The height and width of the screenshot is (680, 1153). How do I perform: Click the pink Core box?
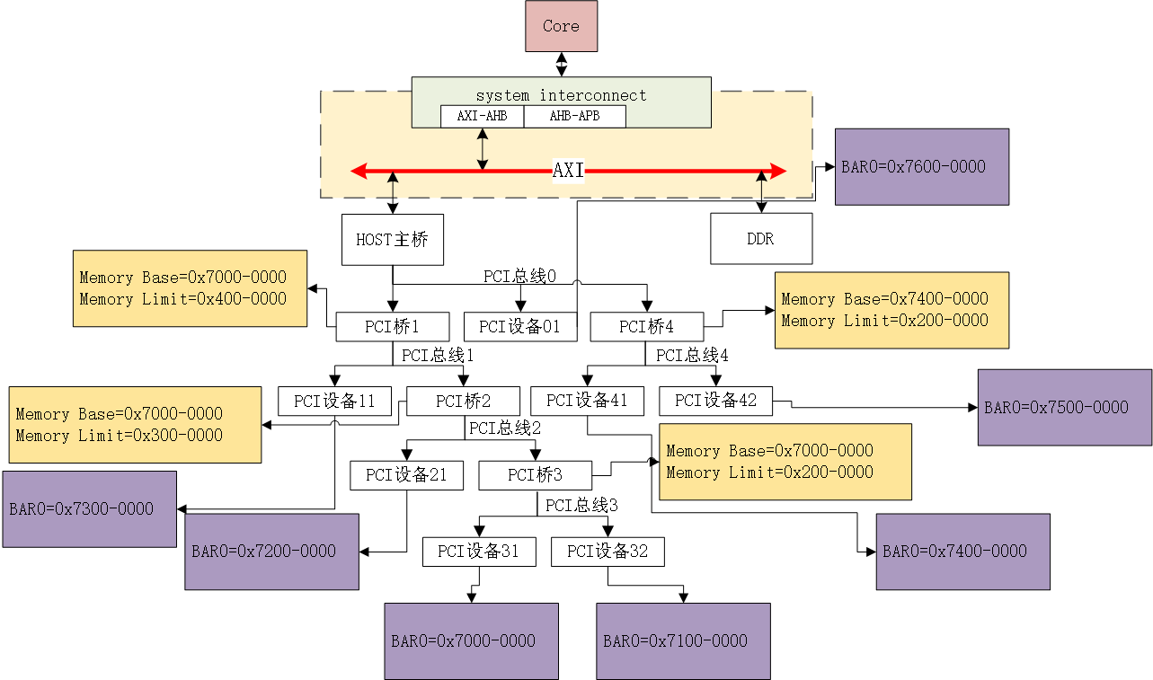pyautogui.click(x=561, y=26)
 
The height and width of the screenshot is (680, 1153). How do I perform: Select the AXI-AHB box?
pyautogui.click(x=482, y=116)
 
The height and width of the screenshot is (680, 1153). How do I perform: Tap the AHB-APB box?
pyautogui.click(x=574, y=116)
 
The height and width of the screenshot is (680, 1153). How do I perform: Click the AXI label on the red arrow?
pyautogui.click(x=568, y=171)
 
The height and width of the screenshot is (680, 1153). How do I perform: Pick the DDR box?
pyautogui.click(x=760, y=239)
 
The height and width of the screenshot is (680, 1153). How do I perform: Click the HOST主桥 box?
pyautogui.click(x=393, y=240)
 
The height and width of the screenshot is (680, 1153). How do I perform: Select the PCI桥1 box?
pyautogui.click(x=392, y=327)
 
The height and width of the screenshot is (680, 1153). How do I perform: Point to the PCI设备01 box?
pyautogui.click(x=519, y=327)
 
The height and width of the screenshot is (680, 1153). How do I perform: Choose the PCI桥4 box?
pyautogui.click(x=646, y=327)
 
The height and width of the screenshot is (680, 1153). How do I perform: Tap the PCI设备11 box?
pyautogui.click(x=334, y=401)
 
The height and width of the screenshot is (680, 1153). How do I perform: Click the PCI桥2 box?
pyautogui.click(x=463, y=401)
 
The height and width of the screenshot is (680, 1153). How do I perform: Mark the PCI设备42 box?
pyautogui.click(x=715, y=401)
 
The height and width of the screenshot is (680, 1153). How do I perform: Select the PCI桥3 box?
pyautogui.click(x=535, y=475)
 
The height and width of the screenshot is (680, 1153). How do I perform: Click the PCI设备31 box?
pyautogui.click(x=478, y=552)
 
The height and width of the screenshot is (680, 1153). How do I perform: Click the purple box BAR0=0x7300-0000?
pyautogui.click(x=89, y=508)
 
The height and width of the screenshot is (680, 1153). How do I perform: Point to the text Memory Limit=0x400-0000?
pyautogui.click(x=182, y=299)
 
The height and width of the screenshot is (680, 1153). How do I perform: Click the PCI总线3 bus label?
pyautogui.click(x=581, y=506)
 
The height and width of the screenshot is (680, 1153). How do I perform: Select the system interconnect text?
pyautogui.click(x=561, y=95)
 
